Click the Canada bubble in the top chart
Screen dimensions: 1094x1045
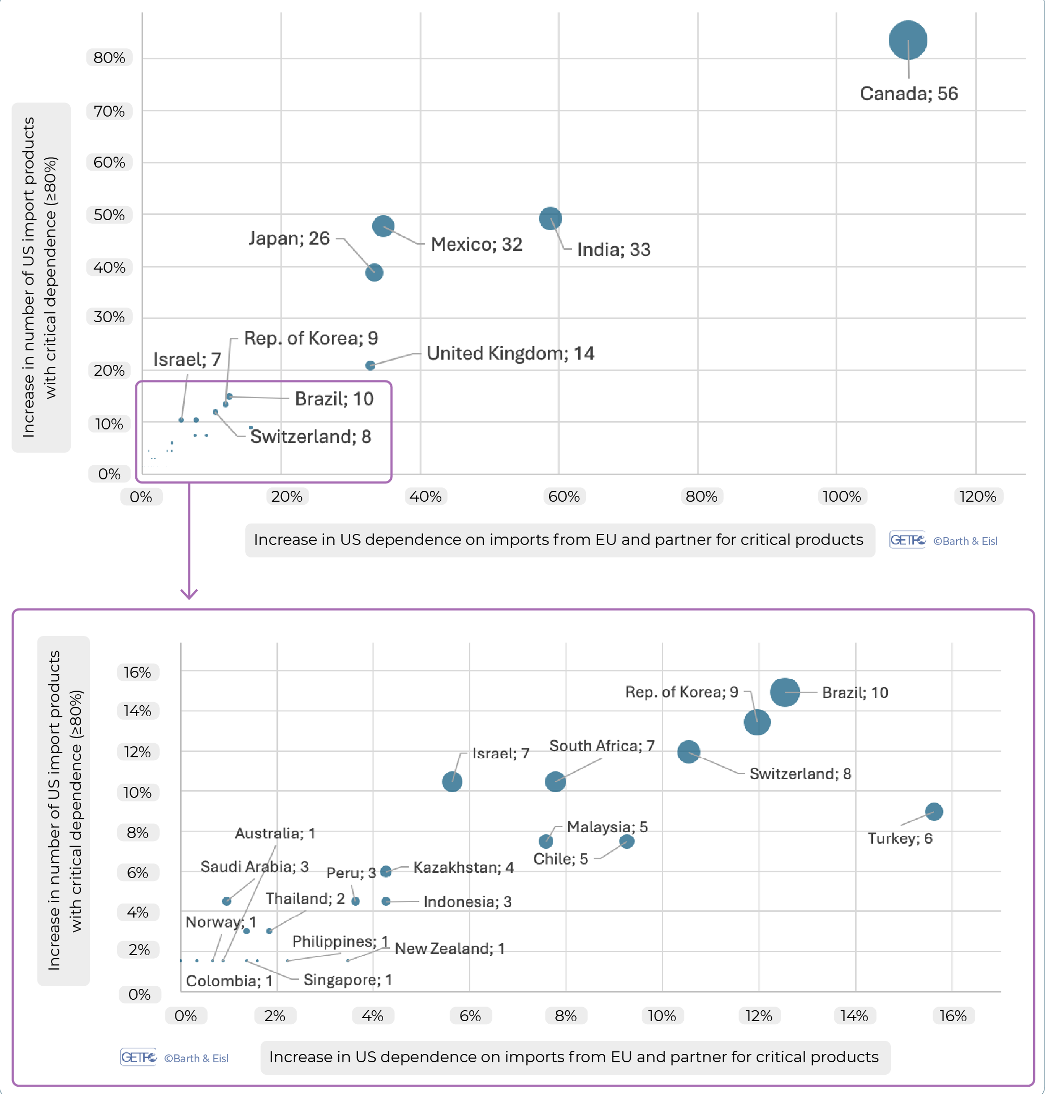(x=908, y=40)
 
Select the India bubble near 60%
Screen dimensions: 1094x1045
(x=551, y=219)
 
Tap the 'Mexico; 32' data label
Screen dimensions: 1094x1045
(x=476, y=244)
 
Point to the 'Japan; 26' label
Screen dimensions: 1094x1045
(x=289, y=238)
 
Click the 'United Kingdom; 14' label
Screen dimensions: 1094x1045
(x=510, y=353)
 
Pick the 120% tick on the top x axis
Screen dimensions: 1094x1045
(x=977, y=496)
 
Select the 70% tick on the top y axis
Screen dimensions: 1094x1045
(x=109, y=111)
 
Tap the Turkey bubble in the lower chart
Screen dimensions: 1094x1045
(x=934, y=811)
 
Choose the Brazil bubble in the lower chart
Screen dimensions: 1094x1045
(x=785, y=692)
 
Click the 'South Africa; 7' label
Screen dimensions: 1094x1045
(x=602, y=745)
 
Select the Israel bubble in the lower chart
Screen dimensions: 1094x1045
(x=452, y=782)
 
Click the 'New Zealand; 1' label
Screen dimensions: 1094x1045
(x=450, y=949)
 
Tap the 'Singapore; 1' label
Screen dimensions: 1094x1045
(x=348, y=980)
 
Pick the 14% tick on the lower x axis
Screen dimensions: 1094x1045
(x=855, y=1015)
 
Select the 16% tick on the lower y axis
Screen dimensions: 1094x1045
(x=137, y=672)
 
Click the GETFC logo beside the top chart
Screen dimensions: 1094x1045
(x=908, y=540)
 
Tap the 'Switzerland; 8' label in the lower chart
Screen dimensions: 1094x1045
(x=800, y=774)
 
